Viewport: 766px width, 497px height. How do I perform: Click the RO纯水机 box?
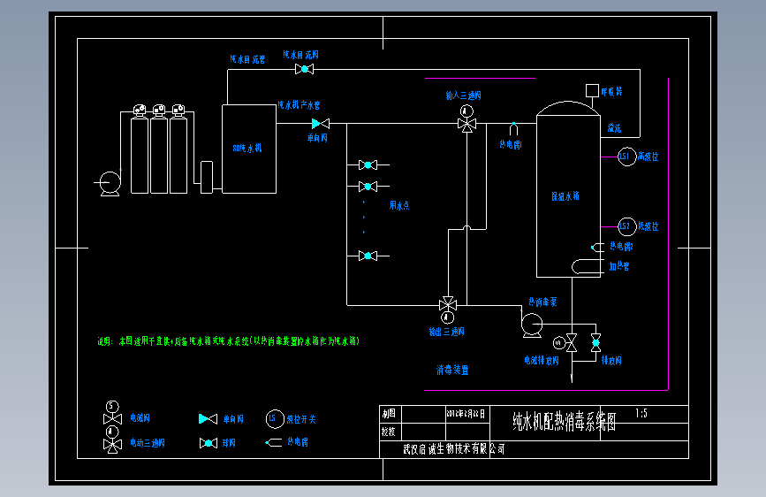tap(248, 148)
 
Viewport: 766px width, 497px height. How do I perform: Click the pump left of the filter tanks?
tap(110, 183)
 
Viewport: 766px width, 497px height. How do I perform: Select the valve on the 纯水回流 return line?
tap(305, 69)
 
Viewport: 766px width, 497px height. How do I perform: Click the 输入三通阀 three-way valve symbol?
tap(466, 123)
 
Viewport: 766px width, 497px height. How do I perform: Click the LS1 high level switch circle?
tap(625, 157)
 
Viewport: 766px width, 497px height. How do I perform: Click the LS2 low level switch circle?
tap(625, 226)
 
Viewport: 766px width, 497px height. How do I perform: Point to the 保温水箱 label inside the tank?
tap(565, 196)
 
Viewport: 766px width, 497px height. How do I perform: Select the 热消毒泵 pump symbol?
tap(532, 325)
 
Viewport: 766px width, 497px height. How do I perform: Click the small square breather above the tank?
tap(592, 90)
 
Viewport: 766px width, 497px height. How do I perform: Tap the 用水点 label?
tap(399, 205)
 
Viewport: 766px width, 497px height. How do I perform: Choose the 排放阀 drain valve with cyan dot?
tap(595, 341)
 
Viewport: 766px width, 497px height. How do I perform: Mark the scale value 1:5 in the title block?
tap(641, 413)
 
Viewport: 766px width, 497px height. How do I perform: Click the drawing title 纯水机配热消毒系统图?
tap(564, 421)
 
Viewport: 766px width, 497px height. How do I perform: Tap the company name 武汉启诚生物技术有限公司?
tap(454, 449)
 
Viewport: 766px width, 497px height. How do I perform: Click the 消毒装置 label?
tap(451, 370)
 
